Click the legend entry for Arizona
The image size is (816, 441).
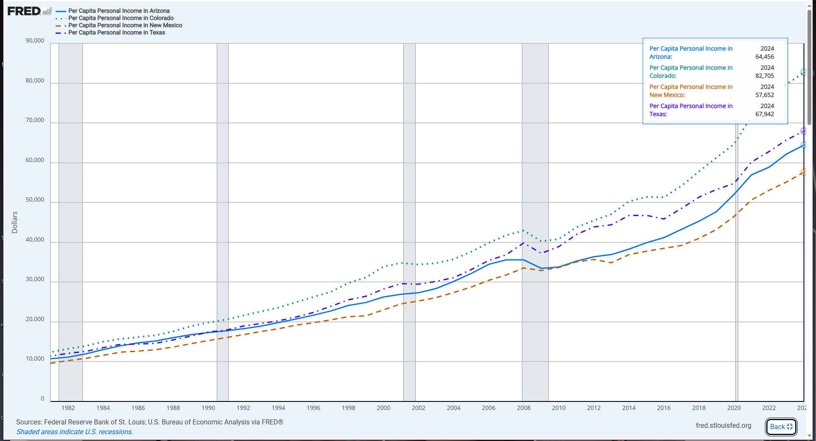(x=119, y=11)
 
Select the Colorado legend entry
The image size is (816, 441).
(x=121, y=18)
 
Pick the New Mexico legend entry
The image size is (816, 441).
(x=125, y=26)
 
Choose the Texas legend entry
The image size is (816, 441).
(x=116, y=33)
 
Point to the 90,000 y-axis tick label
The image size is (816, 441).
(x=35, y=41)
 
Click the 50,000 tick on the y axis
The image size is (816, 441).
(x=35, y=200)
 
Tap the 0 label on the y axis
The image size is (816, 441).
(x=42, y=399)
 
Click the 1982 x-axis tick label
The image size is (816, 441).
(x=68, y=408)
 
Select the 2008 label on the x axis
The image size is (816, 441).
(x=524, y=408)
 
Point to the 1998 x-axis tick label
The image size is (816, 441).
(x=348, y=408)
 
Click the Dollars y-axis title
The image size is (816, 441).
(x=15, y=222)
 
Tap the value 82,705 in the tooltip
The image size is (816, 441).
(x=765, y=76)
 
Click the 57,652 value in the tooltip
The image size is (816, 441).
(x=765, y=95)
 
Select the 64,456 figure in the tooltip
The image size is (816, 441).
(x=765, y=57)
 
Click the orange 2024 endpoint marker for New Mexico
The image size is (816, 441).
(x=803, y=172)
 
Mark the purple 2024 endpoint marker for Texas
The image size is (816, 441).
(x=803, y=131)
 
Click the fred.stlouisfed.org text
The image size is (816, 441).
(x=723, y=426)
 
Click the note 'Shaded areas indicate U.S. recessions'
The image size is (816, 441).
(x=75, y=432)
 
